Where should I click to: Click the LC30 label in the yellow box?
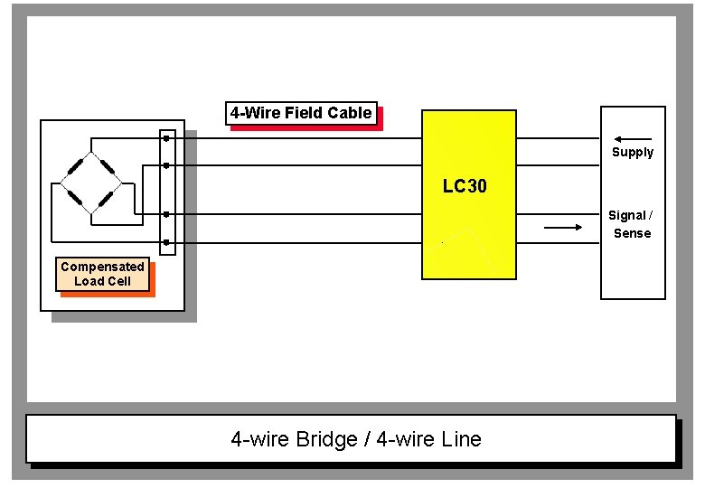point(465,187)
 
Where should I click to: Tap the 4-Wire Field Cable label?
point(301,113)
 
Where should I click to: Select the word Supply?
point(632,152)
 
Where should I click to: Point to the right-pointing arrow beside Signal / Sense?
point(564,228)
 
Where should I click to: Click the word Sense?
point(632,233)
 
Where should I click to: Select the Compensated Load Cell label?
point(102,274)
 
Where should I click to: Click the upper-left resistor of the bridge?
point(75,168)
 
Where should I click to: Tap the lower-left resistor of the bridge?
point(75,198)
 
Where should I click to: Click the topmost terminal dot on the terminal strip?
point(166,138)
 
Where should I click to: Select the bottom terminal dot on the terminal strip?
point(166,243)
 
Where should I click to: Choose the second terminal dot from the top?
point(166,165)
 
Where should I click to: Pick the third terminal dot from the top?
point(166,214)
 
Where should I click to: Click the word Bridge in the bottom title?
point(327,440)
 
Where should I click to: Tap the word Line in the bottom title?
point(461,440)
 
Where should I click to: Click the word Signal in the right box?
point(626,215)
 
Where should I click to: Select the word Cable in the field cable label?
point(351,113)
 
